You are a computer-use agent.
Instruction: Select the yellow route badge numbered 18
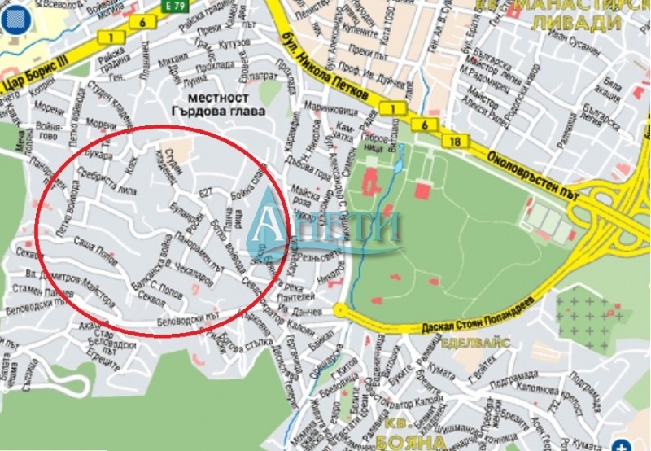[x=455, y=142]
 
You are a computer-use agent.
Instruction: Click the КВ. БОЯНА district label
[x=399, y=436]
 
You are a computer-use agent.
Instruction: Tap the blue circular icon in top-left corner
[x=13, y=17]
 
